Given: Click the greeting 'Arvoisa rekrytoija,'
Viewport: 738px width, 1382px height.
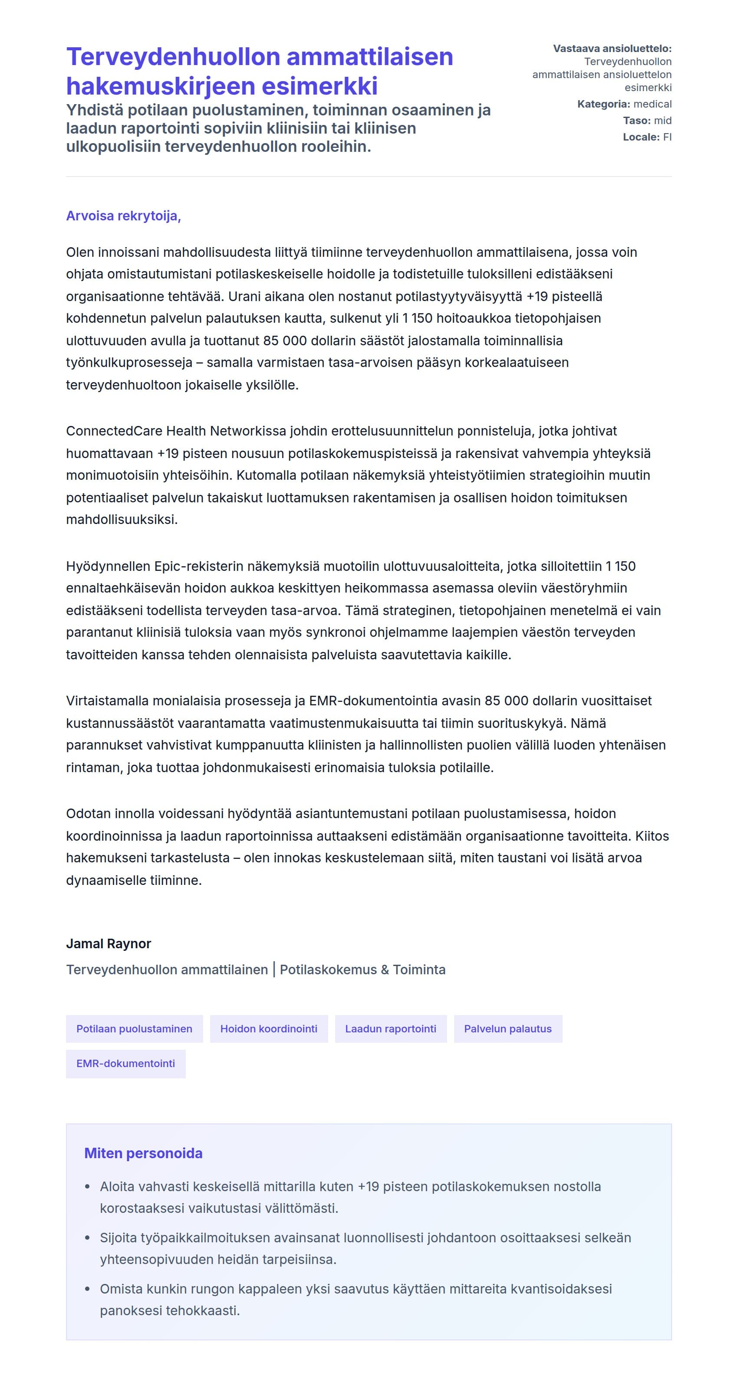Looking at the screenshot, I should tap(123, 216).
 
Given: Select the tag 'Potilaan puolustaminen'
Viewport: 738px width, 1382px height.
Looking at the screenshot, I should tap(134, 1028).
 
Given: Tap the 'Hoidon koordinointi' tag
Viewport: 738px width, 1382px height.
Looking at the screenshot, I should tap(268, 1028).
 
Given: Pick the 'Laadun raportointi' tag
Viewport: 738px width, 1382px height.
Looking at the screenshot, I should tap(390, 1028).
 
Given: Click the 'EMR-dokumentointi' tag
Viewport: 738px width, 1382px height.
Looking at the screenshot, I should tap(125, 1063).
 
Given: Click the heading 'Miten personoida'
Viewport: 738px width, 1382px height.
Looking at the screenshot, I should tap(143, 1153).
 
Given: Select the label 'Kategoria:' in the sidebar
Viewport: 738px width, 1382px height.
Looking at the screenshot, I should tap(603, 104).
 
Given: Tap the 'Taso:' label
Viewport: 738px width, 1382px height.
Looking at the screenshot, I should tap(636, 121).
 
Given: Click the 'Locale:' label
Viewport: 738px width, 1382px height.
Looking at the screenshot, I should tap(641, 137).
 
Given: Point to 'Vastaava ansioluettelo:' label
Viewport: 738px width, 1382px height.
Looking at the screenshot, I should tap(612, 48).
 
